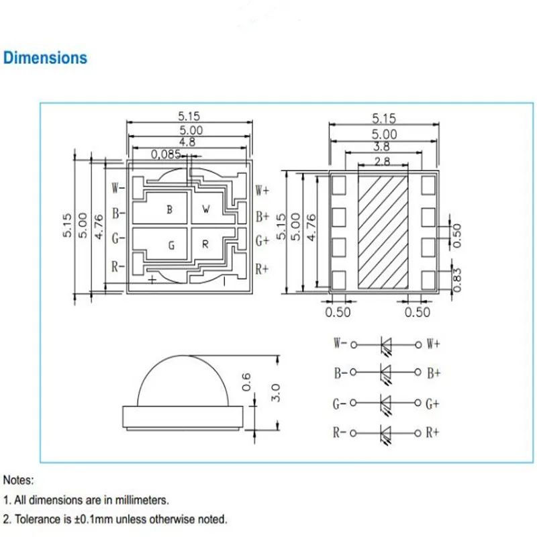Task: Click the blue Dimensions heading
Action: tap(45, 58)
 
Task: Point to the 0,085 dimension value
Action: tap(166, 154)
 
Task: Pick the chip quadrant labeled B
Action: tap(169, 209)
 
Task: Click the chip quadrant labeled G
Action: tap(170, 246)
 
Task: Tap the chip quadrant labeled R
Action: tap(206, 245)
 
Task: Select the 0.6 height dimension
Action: tap(246, 381)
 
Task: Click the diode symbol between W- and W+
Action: tap(386, 344)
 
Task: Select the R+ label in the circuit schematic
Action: tap(433, 432)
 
